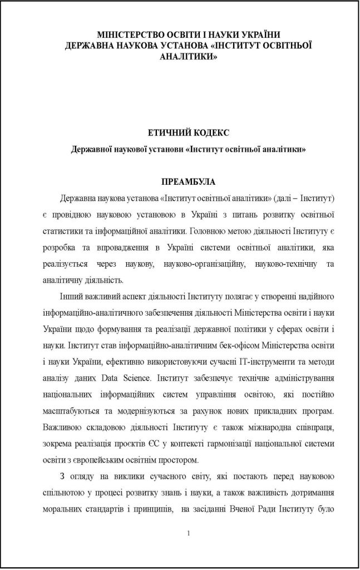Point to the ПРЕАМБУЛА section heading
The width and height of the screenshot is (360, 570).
pyautogui.click(x=188, y=182)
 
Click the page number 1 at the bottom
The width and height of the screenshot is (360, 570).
pyautogui.click(x=189, y=534)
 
